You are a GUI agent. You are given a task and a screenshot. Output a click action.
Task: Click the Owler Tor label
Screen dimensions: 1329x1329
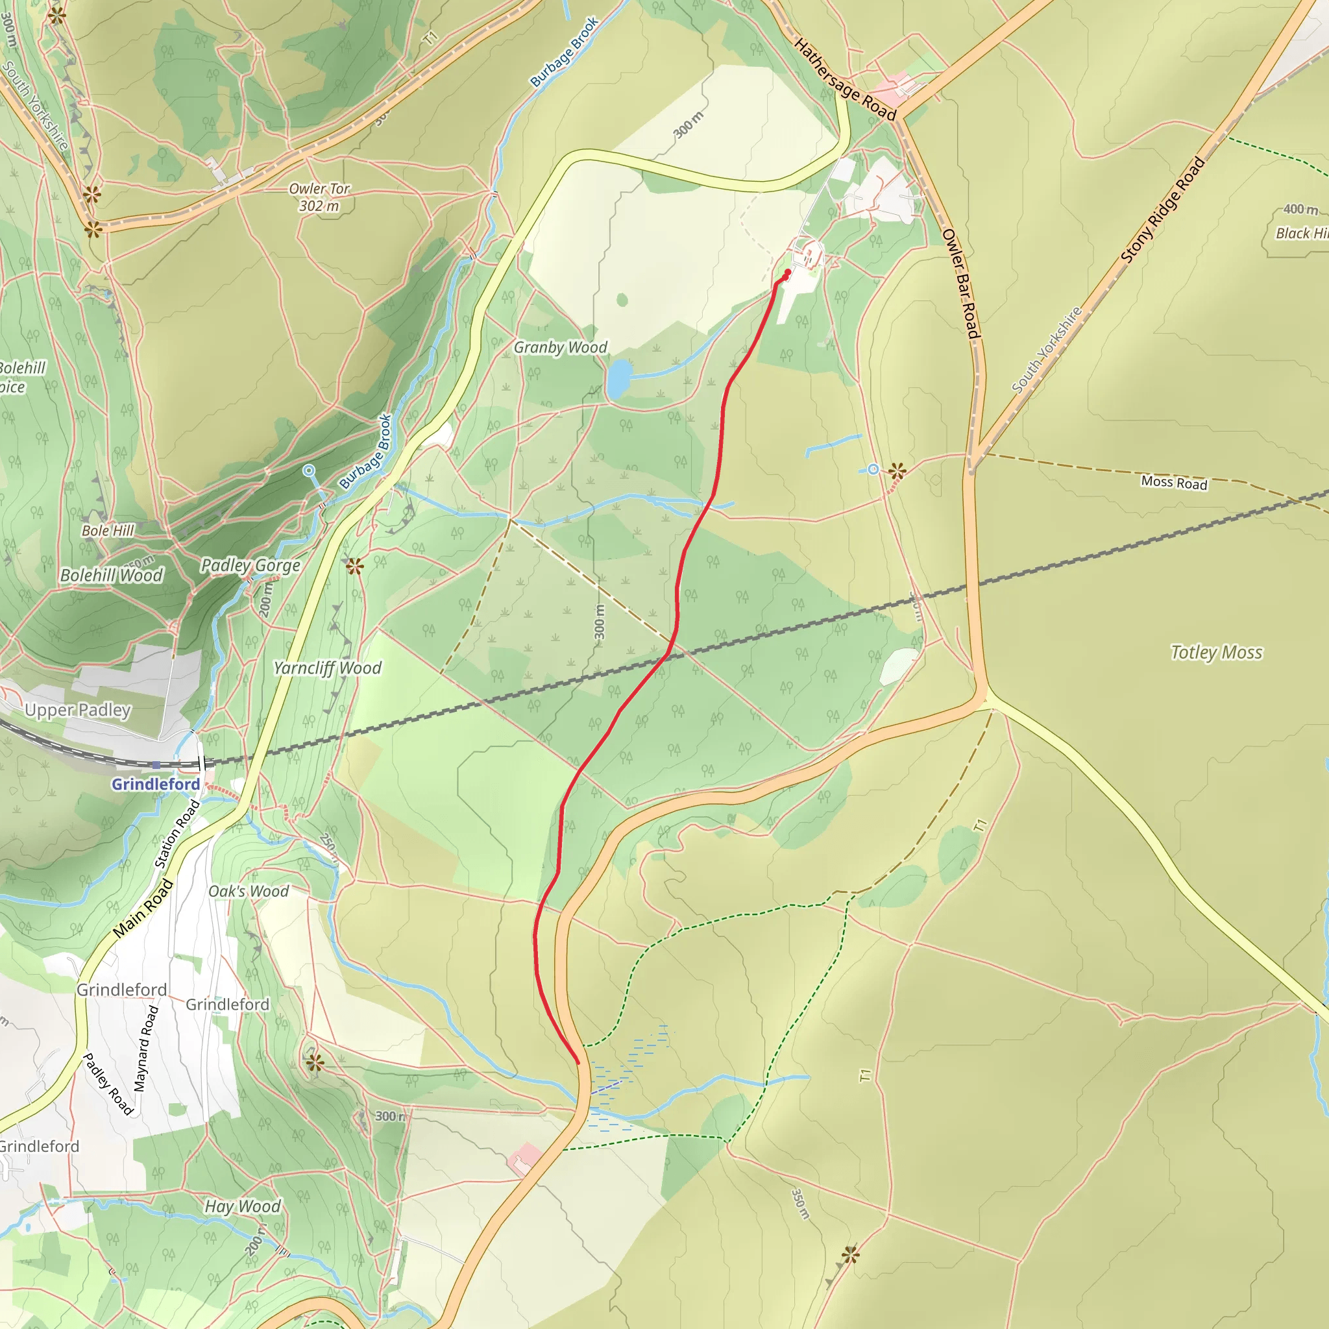(x=319, y=197)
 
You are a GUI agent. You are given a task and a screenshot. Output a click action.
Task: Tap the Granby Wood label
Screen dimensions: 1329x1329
(x=561, y=347)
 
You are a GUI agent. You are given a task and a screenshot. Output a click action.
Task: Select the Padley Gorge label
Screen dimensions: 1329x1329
(x=250, y=565)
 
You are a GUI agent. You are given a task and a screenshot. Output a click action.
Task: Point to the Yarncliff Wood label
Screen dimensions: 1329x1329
(x=328, y=668)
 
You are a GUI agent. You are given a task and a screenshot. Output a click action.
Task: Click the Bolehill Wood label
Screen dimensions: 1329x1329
(x=112, y=575)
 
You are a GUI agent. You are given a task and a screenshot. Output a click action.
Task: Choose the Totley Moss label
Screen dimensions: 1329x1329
(x=1216, y=652)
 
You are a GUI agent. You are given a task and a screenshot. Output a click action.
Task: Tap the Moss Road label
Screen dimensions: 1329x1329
(x=1173, y=482)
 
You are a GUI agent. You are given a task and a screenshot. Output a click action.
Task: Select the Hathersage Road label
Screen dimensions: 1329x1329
(x=845, y=80)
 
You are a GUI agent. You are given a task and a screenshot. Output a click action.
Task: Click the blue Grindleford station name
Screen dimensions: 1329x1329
(x=156, y=784)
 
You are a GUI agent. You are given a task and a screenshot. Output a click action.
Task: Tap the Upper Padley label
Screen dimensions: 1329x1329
(x=78, y=710)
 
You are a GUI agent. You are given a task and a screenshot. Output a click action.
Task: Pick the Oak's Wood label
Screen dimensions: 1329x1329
(x=249, y=892)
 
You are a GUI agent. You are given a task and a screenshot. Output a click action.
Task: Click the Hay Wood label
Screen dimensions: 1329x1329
(x=243, y=1206)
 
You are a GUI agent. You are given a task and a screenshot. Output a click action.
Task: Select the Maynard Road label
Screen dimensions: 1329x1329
(x=146, y=1049)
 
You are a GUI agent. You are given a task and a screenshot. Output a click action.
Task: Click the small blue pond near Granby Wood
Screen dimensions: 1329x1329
(x=619, y=377)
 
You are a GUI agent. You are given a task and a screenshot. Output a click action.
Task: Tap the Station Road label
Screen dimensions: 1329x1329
(x=177, y=834)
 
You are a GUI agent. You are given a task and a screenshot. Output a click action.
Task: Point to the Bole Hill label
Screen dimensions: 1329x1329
(x=108, y=530)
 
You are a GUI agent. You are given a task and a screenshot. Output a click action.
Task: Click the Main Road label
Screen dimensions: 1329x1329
(x=143, y=908)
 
